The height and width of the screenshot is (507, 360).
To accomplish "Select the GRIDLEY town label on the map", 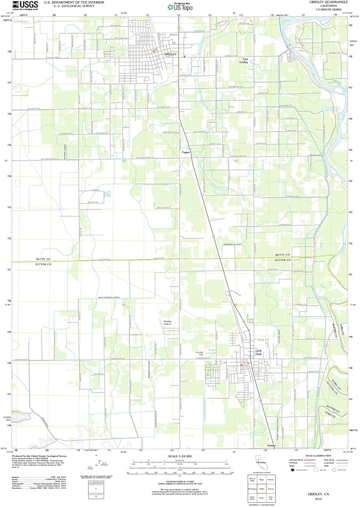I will (170, 55).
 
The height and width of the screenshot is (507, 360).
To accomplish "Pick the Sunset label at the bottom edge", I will (272, 445).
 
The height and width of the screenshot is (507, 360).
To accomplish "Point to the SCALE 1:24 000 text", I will (179, 456).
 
